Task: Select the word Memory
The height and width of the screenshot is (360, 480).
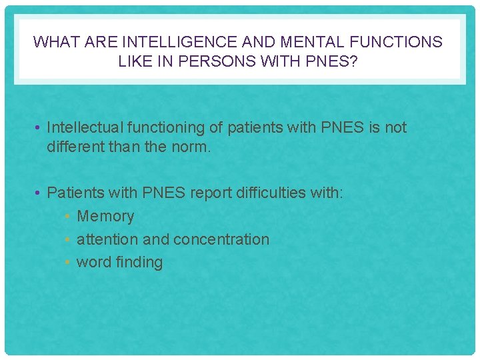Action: point(105,216)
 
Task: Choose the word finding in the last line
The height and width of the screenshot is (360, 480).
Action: point(139,262)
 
